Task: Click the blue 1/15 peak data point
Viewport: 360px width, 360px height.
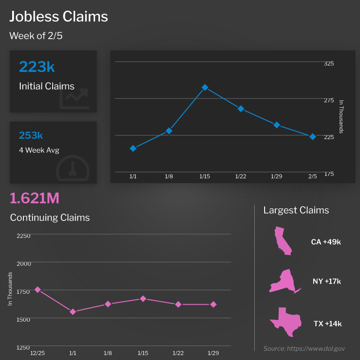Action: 205,87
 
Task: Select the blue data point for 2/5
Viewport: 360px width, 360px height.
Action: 312,136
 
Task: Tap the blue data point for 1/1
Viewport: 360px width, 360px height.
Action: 133,148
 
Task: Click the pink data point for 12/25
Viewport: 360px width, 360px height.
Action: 38,290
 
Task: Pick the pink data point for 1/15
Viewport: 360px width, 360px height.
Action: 143,298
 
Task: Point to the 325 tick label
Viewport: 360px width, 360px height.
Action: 328,63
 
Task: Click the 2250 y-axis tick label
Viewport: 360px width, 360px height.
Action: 23,235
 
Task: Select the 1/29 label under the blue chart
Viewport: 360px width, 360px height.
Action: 276,176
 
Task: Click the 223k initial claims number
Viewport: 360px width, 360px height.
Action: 37,67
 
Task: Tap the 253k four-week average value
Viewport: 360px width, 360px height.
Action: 31,135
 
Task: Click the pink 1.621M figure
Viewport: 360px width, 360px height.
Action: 35,198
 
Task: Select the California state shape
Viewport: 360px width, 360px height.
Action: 283,241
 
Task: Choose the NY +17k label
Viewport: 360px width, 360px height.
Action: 327,282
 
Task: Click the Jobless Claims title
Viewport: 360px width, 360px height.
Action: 59,17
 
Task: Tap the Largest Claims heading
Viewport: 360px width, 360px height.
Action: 296,210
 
